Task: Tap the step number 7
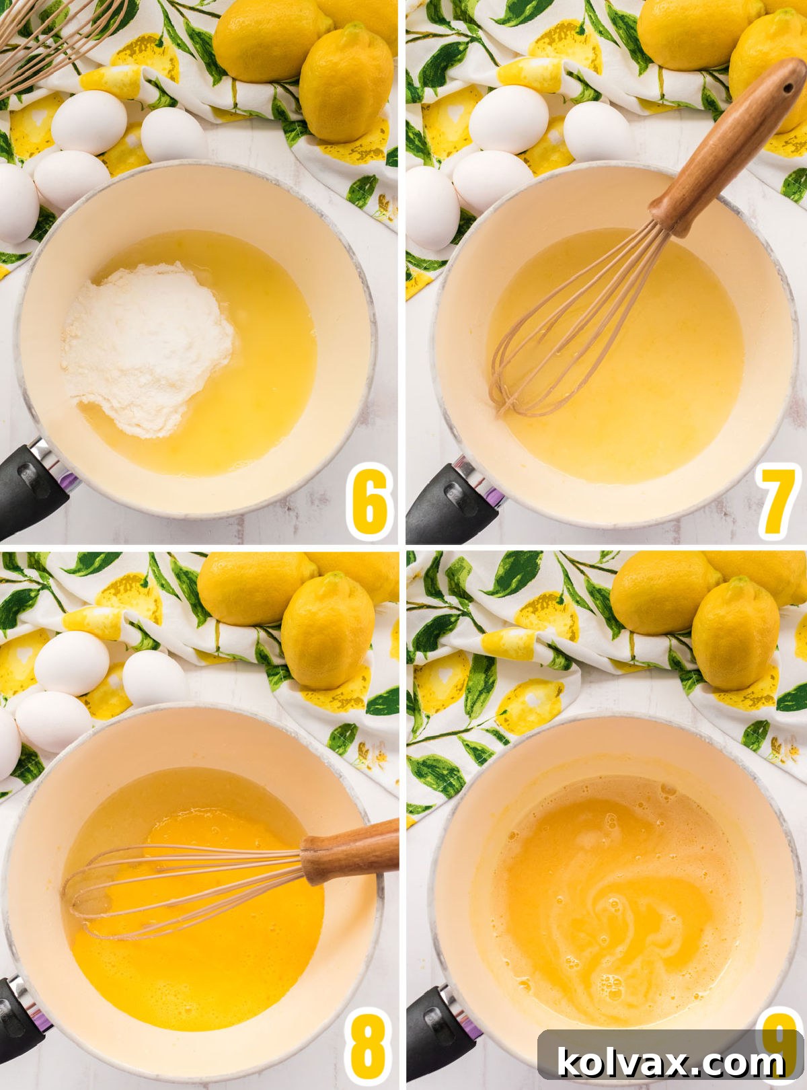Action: (777, 501)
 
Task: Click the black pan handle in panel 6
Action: (30, 484)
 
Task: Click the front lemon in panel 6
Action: (346, 84)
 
